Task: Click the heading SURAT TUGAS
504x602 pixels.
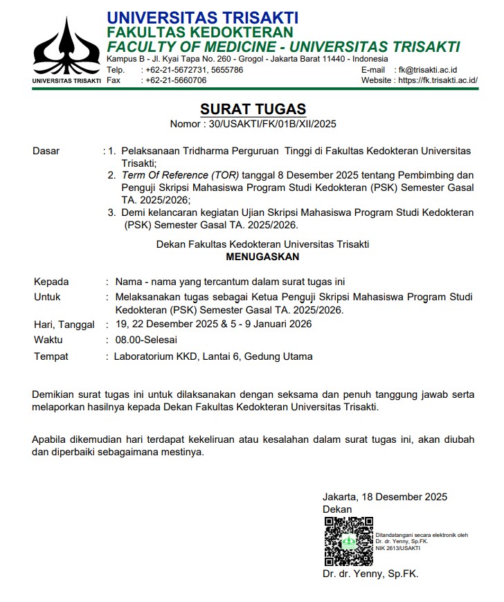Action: click(253, 109)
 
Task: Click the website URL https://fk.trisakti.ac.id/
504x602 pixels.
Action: click(438, 80)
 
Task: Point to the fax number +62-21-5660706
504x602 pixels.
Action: click(176, 80)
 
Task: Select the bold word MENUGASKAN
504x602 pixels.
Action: click(262, 256)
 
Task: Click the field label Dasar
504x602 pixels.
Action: click(46, 151)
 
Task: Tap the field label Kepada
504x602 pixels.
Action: click(51, 282)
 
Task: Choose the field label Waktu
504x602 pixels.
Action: click(48, 340)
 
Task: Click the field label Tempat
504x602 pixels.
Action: click(51, 356)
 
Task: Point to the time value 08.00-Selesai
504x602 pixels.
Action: click(147, 340)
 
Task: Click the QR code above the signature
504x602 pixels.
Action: click(348, 541)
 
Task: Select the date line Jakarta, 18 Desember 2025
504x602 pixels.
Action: click(384, 497)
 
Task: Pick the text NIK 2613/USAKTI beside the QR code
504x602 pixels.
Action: click(398, 548)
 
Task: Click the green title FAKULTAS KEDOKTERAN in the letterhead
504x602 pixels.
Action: click(199, 33)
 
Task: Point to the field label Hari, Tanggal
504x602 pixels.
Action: click(64, 325)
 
